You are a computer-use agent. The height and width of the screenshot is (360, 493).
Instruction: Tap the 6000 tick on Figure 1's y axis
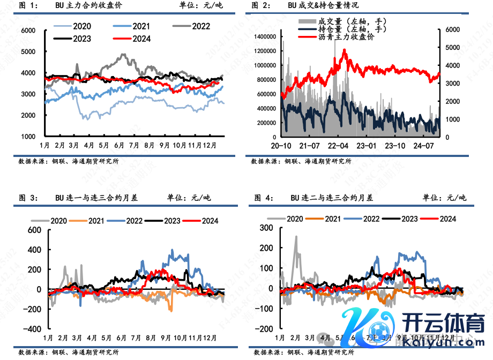click(28, 31)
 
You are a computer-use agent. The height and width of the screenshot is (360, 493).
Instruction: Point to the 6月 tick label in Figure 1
click(119, 145)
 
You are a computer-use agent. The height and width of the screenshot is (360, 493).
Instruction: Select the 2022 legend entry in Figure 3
click(126, 220)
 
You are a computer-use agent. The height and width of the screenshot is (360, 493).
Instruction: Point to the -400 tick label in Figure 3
click(34, 329)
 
